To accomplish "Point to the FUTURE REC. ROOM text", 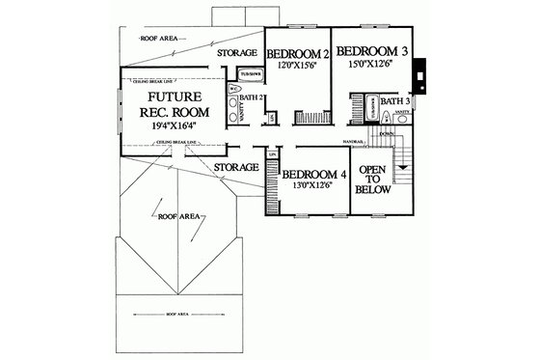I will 170,108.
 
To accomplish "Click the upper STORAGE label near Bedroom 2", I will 237,52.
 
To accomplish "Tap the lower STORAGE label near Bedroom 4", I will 236,168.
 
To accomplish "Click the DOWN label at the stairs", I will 388,134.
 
